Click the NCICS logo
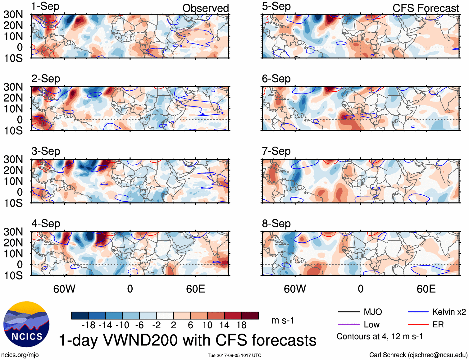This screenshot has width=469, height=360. coord(26,324)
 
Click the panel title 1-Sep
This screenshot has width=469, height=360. coord(45,7)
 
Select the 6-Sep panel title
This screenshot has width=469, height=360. coord(276,79)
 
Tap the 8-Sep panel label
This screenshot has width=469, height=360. coord(276,224)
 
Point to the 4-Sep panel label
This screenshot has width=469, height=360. coord(46,224)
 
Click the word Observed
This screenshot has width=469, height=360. coord(205,8)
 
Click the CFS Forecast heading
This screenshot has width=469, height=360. coord(426,8)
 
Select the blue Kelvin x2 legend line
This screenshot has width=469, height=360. coord(418,312)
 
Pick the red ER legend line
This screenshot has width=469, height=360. coord(418,325)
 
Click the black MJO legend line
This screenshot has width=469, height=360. coord(348,312)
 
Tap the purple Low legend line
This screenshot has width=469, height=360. coord(348,325)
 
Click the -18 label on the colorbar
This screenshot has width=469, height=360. coord(88,325)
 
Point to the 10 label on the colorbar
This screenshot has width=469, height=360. coord(207,325)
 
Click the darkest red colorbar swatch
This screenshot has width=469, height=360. coord(250,316)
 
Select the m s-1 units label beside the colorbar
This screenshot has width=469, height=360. coord(283,321)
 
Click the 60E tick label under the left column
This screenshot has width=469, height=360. coord(195,289)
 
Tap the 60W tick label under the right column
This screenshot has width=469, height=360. coord(295,289)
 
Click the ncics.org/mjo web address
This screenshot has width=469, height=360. coord(20,355)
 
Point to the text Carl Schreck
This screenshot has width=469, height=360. coord(387,355)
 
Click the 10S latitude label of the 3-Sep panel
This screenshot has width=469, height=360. coord(13,203)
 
